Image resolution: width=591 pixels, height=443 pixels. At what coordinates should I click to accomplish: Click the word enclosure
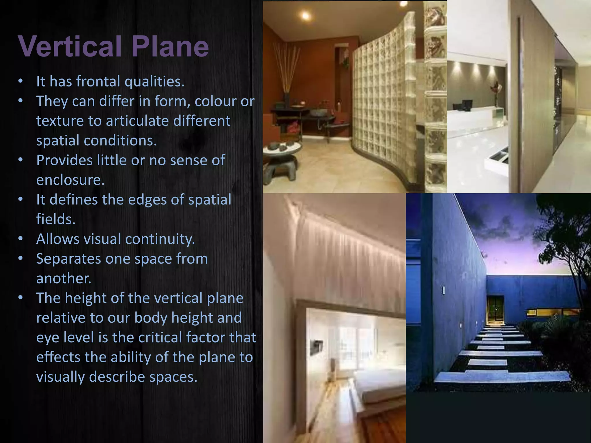tap(70, 180)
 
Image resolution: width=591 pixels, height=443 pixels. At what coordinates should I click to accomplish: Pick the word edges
tap(147, 200)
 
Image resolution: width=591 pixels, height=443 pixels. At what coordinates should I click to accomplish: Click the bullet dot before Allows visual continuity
tap(20, 239)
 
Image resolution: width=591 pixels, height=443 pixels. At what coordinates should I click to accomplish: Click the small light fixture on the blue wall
tap(444, 290)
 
